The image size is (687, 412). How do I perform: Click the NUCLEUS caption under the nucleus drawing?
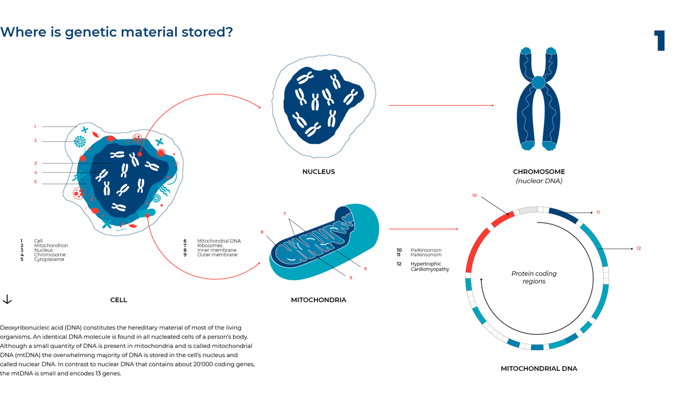(x=318, y=172)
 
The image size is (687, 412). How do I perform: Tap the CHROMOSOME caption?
(x=539, y=172)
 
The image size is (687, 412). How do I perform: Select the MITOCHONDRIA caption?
(x=318, y=300)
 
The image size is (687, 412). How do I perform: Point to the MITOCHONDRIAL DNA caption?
(x=539, y=369)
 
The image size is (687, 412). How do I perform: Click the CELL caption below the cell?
(x=119, y=300)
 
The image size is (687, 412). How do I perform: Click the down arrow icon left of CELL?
(x=7, y=299)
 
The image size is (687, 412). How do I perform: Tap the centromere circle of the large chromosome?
(x=538, y=83)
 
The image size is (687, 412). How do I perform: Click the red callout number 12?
(x=638, y=248)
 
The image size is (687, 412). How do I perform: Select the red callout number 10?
(x=474, y=195)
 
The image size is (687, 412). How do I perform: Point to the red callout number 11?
(x=598, y=212)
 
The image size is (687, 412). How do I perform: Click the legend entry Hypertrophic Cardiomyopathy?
(x=429, y=267)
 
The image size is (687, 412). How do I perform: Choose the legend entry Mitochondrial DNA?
(x=219, y=241)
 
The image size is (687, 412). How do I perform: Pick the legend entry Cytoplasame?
(x=49, y=259)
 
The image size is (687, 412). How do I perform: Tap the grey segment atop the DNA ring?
(x=527, y=211)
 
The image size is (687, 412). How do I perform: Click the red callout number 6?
(x=365, y=268)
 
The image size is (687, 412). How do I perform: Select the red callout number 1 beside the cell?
(x=35, y=126)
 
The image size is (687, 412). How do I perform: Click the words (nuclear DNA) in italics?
(x=539, y=181)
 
